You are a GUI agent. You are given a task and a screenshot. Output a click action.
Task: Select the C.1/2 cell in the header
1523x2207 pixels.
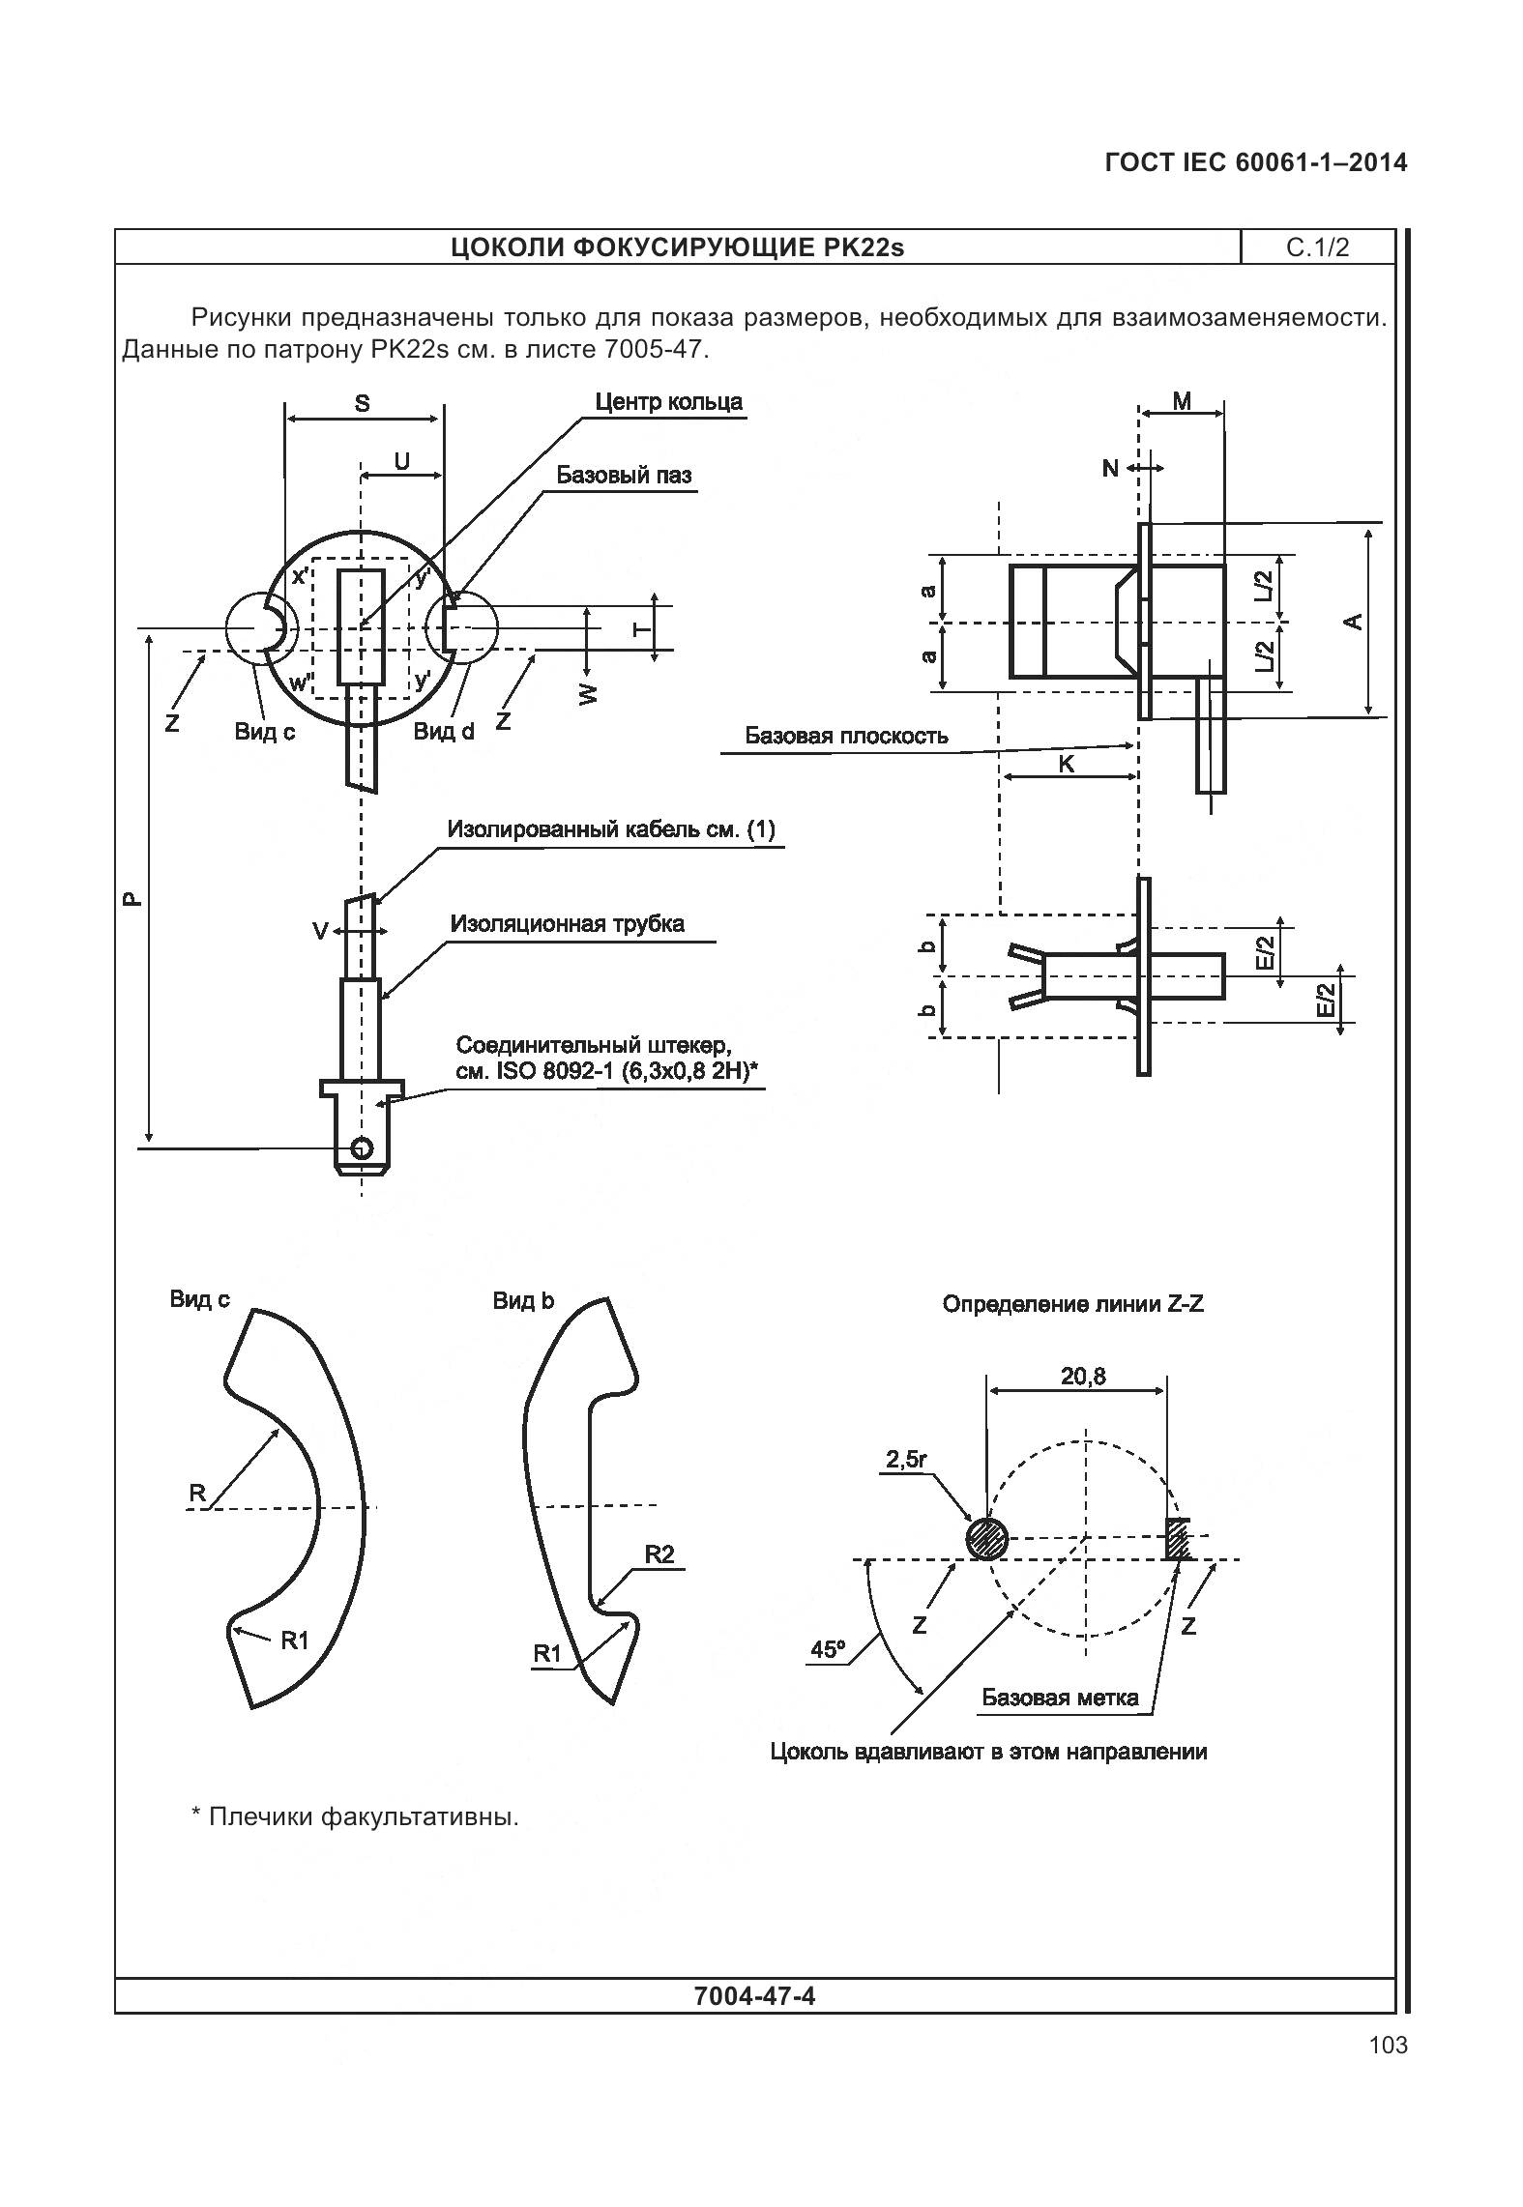point(1317,247)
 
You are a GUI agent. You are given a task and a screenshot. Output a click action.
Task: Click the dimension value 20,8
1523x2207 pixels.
point(1083,1376)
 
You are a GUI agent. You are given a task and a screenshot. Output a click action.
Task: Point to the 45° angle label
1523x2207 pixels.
point(828,1649)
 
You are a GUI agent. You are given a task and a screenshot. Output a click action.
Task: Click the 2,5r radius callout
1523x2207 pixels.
point(906,1459)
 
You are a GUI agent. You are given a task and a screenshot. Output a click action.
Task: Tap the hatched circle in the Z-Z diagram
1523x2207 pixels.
point(986,1538)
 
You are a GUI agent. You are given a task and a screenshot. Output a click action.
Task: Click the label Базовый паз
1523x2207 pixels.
point(624,475)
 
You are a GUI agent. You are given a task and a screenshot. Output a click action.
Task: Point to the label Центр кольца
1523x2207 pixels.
point(668,402)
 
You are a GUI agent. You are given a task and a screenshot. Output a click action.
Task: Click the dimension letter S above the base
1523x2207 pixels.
point(362,403)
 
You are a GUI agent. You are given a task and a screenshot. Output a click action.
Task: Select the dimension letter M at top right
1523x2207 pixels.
point(1182,401)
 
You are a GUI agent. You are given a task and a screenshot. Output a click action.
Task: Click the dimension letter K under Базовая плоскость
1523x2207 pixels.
point(1067,764)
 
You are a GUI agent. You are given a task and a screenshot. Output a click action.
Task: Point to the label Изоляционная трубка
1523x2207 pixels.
point(567,923)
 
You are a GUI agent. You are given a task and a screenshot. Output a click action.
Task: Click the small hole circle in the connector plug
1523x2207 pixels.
point(362,1147)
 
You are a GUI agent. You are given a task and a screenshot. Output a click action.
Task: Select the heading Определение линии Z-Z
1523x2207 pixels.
point(1072,1304)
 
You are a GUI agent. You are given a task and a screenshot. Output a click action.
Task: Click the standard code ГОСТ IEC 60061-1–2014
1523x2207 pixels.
point(1255,162)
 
